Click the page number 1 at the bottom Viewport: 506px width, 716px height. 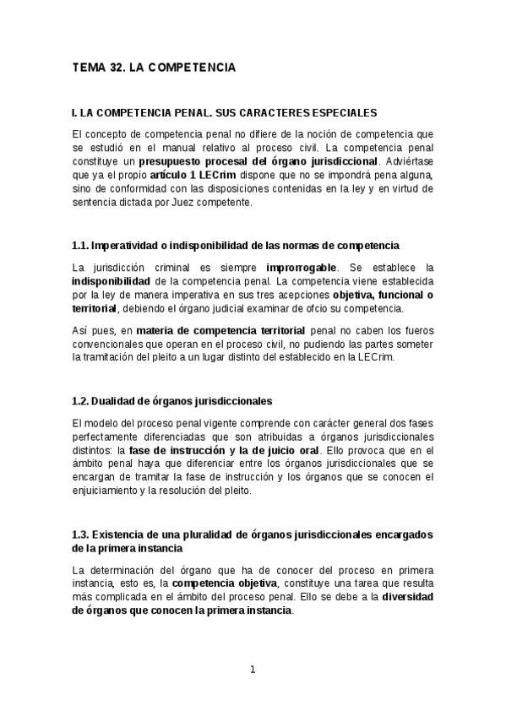point(252,670)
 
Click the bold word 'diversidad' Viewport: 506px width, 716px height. point(408,597)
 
